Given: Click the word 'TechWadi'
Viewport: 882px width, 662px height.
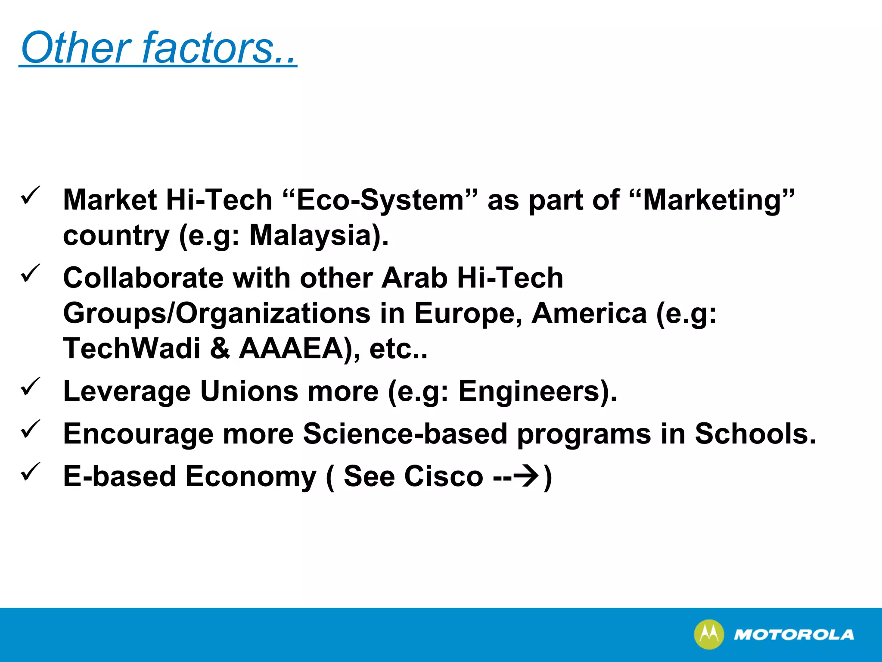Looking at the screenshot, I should tap(132, 348).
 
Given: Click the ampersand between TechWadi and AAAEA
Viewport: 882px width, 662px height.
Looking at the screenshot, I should tap(220, 348).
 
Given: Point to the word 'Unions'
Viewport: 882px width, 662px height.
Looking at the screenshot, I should tap(249, 391).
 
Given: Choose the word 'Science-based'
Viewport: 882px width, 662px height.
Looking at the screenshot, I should tap(405, 434).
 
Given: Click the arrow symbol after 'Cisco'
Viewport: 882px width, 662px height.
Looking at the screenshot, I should tap(529, 477).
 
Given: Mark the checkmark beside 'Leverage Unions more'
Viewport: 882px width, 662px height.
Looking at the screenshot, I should tap(31, 386).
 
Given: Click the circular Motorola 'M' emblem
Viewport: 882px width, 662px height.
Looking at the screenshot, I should tap(709, 634).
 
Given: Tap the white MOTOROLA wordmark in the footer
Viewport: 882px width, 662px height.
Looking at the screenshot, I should tap(794, 635).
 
